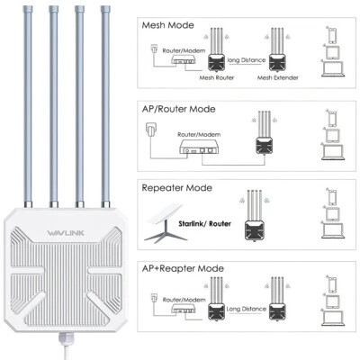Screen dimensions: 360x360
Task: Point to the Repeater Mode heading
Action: pyautogui.click(x=177, y=188)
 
